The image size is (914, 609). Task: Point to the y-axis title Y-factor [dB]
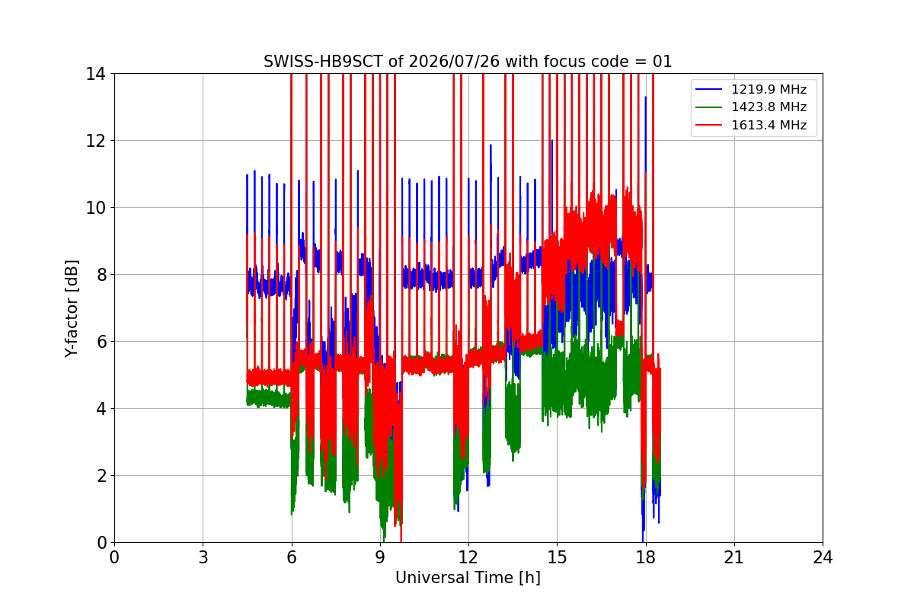click(71, 309)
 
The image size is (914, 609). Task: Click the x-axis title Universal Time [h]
click(468, 578)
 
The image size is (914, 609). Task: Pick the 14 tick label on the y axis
click(95, 75)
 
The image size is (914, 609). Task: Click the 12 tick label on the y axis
click(95, 141)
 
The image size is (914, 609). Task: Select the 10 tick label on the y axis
click(95, 208)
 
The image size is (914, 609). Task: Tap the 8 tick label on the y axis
click(101, 275)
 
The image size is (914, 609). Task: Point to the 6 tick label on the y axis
click(101, 342)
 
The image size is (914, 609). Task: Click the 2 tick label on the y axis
click(101, 476)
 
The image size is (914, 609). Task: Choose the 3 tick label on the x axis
click(203, 557)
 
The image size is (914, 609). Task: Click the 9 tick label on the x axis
click(380, 557)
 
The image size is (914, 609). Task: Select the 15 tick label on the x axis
click(558, 557)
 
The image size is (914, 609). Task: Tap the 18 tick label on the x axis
click(646, 557)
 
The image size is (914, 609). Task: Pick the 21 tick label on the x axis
click(734, 557)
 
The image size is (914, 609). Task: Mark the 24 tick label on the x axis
click(823, 557)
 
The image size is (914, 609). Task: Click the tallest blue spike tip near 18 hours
click(646, 97)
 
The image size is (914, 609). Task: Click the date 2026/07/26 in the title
click(454, 62)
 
